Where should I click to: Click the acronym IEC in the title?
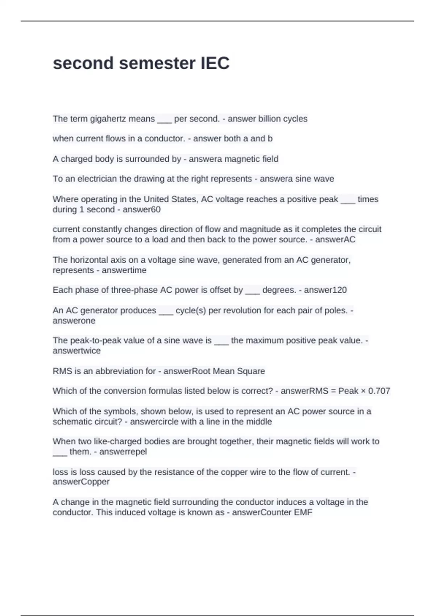coord(215,63)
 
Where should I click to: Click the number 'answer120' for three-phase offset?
coord(325,290)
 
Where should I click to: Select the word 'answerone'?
coord(74,321)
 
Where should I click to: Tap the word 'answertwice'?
coord(76,351)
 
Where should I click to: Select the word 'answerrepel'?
coord(123,452)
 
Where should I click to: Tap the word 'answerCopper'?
coord(81,482)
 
